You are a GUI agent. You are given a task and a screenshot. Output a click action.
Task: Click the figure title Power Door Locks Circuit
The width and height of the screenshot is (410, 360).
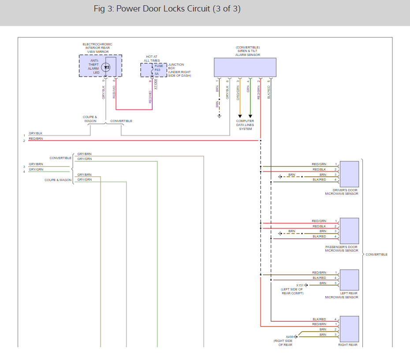(x=167, y=9)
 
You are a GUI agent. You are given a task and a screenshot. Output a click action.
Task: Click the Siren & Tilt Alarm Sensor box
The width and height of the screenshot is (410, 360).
(x=245, y=67)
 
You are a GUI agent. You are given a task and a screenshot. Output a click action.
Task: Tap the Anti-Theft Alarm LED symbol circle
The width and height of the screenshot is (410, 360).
(x=106, y=67)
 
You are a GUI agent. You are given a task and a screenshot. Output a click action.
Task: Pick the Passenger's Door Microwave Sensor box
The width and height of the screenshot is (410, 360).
(x=350, y=231)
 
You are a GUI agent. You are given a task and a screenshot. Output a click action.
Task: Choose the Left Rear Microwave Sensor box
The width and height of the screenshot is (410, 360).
(x=350, y=280)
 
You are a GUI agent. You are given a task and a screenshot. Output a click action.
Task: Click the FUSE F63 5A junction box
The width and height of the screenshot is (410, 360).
(x=151, y=70)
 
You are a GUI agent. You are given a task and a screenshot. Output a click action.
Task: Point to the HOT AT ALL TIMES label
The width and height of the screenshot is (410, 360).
(x=152, y=59)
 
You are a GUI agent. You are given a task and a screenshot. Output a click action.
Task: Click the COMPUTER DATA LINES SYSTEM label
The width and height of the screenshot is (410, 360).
(x=245, y=125)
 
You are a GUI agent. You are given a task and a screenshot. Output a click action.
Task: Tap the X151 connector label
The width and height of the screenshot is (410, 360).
(x=300, y=285)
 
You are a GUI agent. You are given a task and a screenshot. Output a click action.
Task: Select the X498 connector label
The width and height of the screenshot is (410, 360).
(x=289, y=337)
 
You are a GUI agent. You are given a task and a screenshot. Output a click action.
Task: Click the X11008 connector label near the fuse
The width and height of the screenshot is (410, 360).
(x=156, y=84)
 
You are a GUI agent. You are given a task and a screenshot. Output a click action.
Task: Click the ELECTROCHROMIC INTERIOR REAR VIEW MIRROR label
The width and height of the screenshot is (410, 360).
(x=97, y=48)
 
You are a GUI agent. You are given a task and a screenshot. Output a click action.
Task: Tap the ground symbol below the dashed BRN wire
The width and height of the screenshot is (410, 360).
(x=219, y=116)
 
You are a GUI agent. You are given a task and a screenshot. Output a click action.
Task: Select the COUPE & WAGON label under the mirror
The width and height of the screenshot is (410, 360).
(x=90, y=119)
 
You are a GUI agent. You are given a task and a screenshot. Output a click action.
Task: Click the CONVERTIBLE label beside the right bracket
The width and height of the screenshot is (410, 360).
(x=376, y=254)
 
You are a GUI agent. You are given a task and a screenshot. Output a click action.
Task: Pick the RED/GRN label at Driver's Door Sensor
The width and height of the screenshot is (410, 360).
(x=319, y=164)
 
